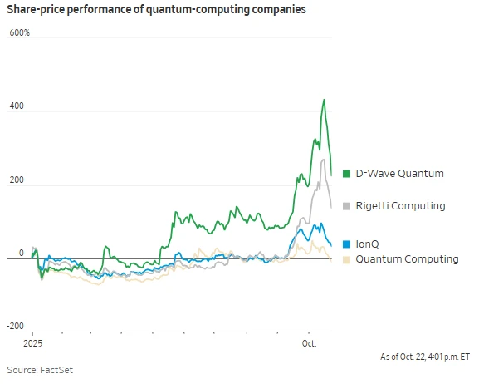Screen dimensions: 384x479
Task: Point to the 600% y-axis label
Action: click(x=20, y=33)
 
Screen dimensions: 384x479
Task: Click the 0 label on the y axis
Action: click(x=22, y=254)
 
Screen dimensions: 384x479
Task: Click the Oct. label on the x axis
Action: click(x=309, y=342)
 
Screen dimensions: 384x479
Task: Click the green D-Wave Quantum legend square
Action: click(x=346, y=174)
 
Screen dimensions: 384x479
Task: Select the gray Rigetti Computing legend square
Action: click(x=346, y=205)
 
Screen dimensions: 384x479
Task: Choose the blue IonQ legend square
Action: click(x=346, y=245)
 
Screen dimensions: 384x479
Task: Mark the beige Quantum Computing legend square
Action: click(x=346, y=259)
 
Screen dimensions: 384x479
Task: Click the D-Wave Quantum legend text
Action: click(x=399, y=174)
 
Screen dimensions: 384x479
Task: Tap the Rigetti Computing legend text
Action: click(x=400, y=205)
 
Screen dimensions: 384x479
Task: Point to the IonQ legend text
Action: click(x=368, y=245)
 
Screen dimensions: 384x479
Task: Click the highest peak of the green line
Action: click(x=324, y=100)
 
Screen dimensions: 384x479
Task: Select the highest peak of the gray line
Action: click(x=322, y=159)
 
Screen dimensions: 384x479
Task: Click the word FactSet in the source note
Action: click(x=67, y=369)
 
